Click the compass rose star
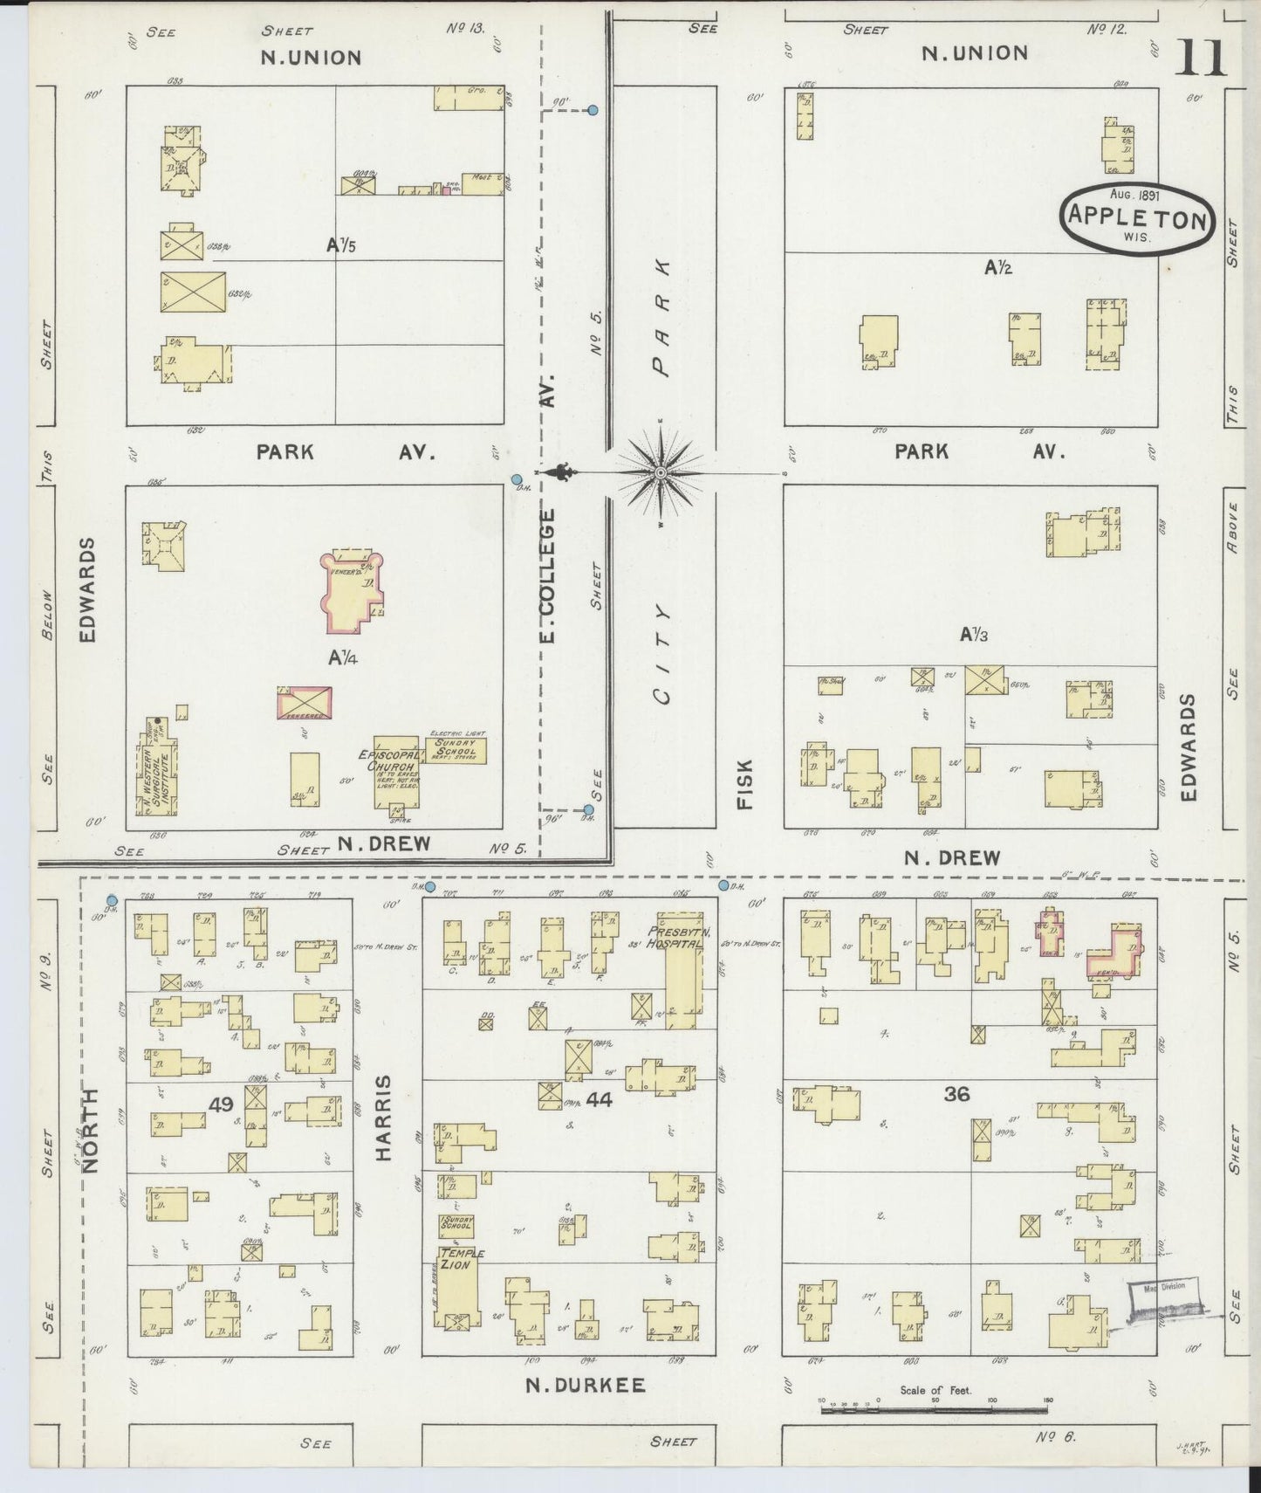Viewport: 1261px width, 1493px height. [661, 472]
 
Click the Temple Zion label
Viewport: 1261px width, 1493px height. [461, 1258]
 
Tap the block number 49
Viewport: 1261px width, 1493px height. [221, 1104]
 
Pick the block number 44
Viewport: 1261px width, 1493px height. [600, 1100]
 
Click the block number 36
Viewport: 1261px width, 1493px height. [956, 1093]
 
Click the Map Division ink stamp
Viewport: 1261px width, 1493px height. [1165, 1298]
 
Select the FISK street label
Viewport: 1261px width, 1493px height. [744, 783]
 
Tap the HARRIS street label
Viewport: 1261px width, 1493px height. [384, 1117]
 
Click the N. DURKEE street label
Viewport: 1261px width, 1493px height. [586, 1385]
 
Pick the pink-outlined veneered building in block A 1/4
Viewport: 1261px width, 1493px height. [352, 591]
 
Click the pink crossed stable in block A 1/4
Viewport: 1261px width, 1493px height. [304, 702]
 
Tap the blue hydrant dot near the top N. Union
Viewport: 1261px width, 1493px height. [593, 111]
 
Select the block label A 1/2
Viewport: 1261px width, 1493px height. [998, 268]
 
